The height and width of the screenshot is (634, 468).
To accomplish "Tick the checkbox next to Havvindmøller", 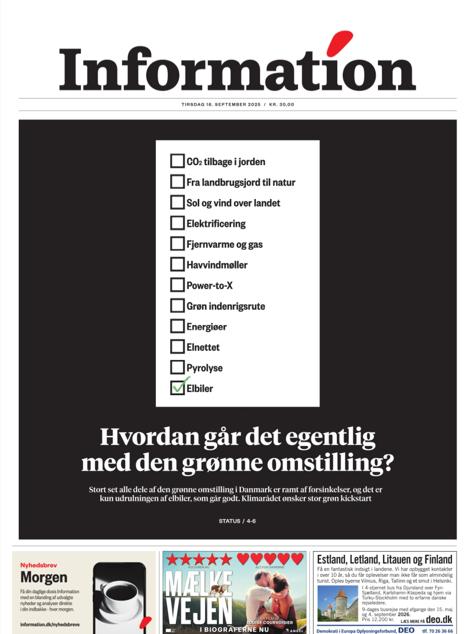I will coord(177,264).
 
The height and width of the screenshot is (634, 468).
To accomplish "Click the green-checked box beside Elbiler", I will coord(177,388).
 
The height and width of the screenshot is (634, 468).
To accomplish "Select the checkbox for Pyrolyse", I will coord(177,367).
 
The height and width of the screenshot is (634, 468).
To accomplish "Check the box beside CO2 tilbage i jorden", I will coord(177,161).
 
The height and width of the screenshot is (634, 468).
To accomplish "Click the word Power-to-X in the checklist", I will coord(210,286).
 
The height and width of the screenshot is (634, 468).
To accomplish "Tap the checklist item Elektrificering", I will coord(216,224).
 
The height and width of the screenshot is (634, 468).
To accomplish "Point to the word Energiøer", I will coord(206,327).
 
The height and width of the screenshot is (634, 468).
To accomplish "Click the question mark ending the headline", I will coord(386,463).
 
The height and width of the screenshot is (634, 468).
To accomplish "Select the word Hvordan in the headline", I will coord(150,437).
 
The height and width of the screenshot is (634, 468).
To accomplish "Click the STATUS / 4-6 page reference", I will coord(237,521).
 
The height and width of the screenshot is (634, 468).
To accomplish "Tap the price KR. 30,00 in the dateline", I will coord(282,104).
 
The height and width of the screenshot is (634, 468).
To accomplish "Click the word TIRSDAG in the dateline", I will coord(193,104).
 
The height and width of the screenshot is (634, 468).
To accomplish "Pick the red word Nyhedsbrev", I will coord(38,565).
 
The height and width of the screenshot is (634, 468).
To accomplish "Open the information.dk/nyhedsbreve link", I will coord(50,624).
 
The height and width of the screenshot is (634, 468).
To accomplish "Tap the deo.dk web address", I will coord(439,620).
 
